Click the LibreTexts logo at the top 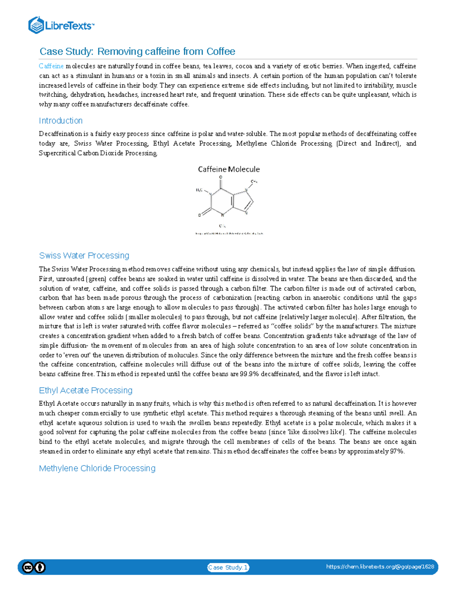[61, 25]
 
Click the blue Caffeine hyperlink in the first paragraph [51, 66]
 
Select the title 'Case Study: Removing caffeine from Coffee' [137, 51]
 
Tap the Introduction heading [60, 121]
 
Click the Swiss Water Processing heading [84, 255]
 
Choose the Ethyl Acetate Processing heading [85, 390]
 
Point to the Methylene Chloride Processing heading [97, 468]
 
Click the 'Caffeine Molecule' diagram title [229, 169]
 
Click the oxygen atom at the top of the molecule [220, 177]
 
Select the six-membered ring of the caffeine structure [222, 202]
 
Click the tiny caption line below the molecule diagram [229, 233]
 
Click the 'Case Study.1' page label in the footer [228, 567]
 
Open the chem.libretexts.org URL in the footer [380, 567]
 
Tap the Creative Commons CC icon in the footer [28, 567]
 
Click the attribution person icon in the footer [40, 567]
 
